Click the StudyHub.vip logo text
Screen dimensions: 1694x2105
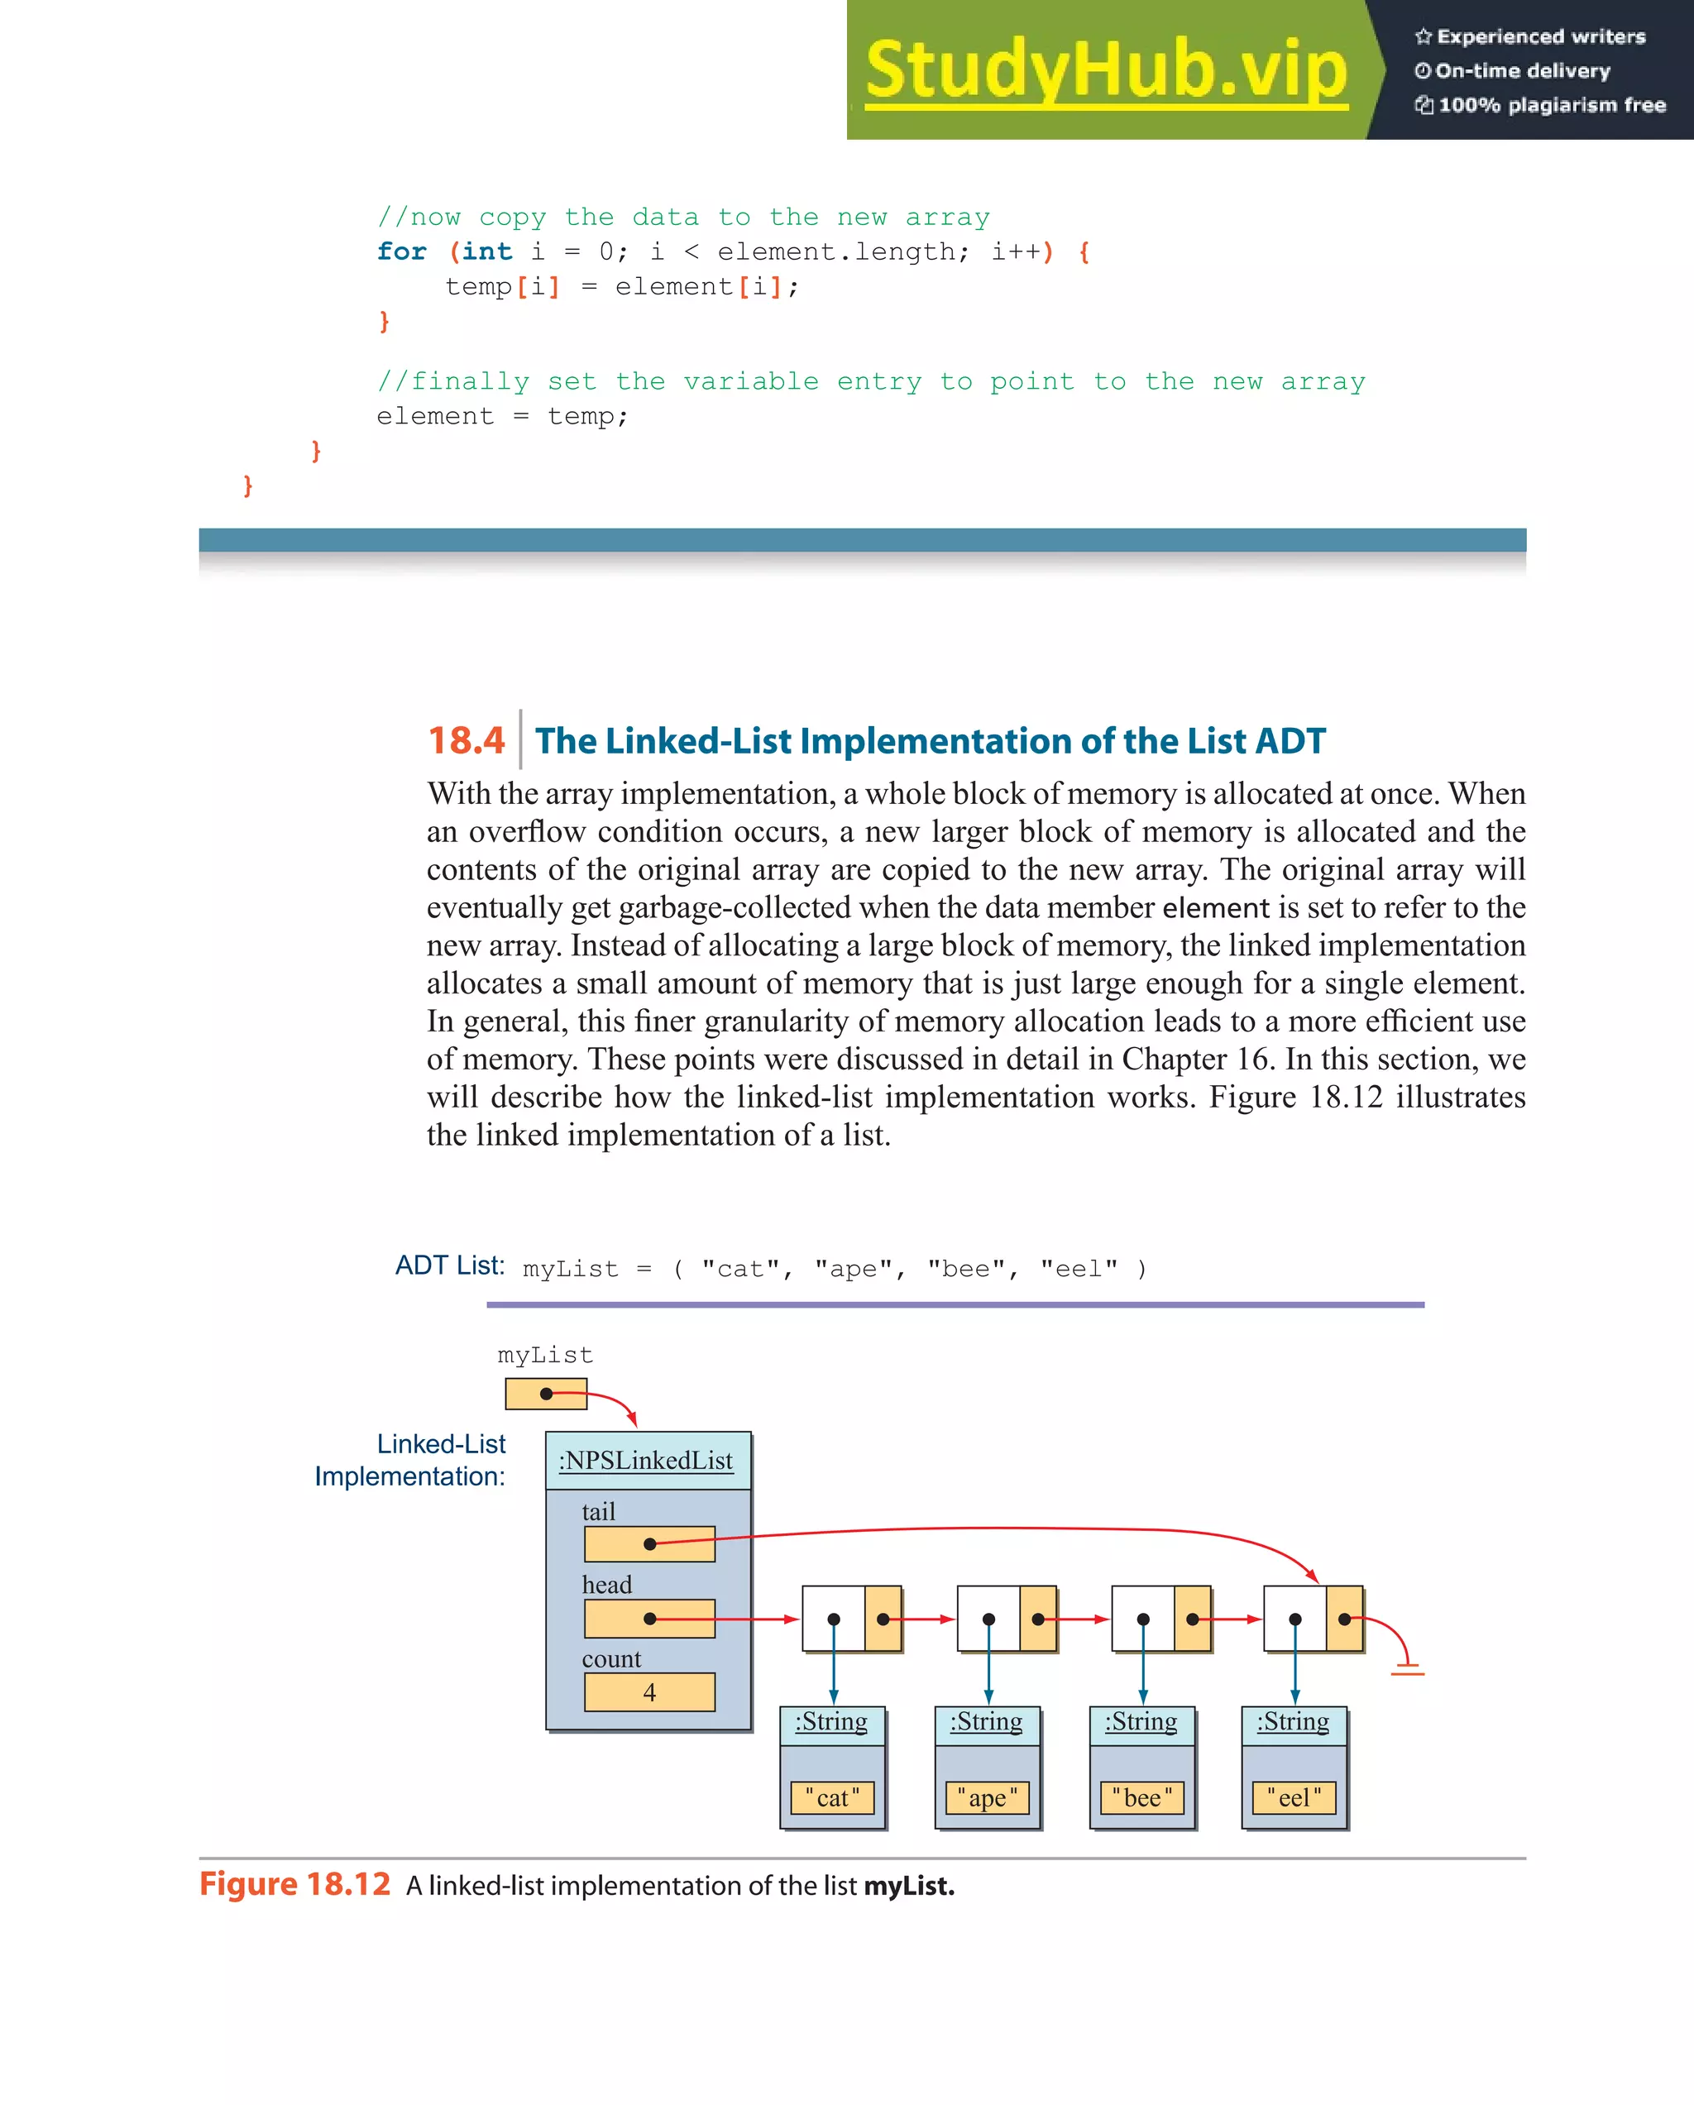coord(1105,70)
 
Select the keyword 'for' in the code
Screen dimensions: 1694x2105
coord(401,252)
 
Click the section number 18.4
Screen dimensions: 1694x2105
coord(466,741)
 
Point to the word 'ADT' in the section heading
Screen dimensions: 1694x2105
coord(1290,742)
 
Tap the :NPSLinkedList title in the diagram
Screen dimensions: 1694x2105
coord(645,1461)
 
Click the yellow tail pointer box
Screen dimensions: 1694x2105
coord(649,1543)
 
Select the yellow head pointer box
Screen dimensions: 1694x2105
coord(649,1618)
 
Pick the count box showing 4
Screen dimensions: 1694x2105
coord(649,1692)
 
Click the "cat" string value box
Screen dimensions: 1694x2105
coord(832,1797)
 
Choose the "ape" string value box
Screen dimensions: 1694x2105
coord(987,1797)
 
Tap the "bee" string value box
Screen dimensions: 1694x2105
coord(1141,1797)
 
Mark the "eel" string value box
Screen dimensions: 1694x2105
coord(1294,1797)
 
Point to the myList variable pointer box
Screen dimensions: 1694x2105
coord(546,1393)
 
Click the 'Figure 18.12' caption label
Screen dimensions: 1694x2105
coord(294,1884)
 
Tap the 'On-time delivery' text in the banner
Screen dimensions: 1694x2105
coord(1521,70)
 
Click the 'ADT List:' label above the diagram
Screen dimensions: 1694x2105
coord(449,1265)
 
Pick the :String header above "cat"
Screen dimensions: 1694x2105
coord(831,1721)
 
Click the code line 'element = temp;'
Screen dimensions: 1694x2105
coord(502,417)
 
